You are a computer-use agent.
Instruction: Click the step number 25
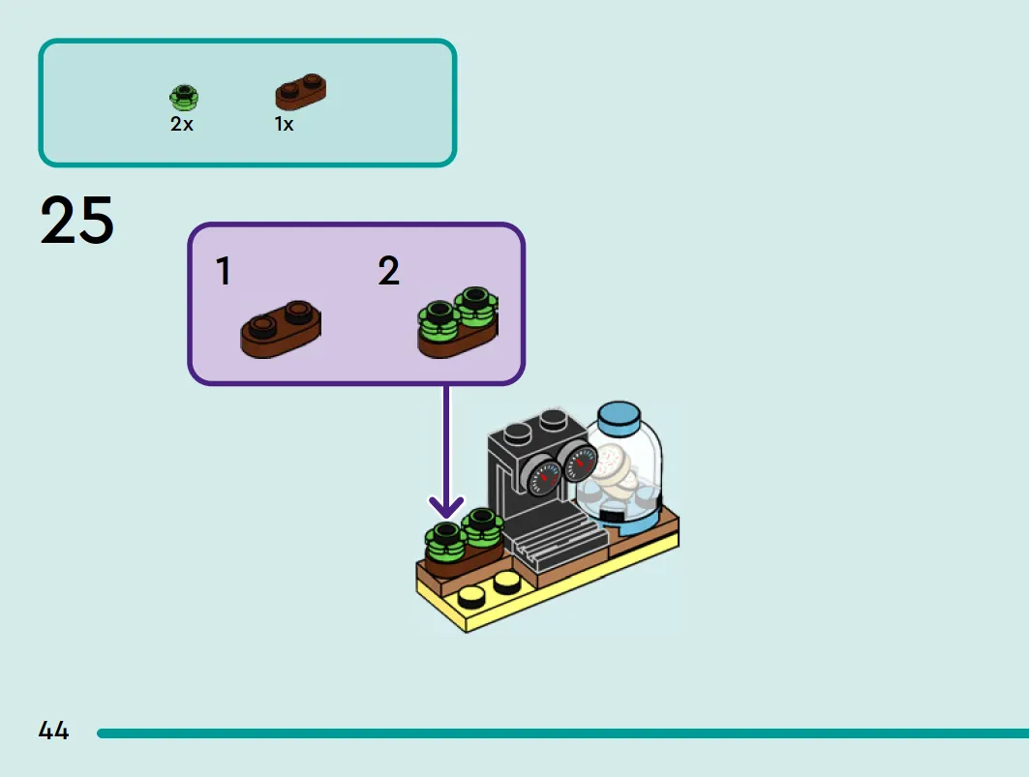pyautogui.click(x=76, y=220)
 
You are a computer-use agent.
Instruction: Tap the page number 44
pyautogui.click(x=53, y=731)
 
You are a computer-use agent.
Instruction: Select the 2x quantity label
pyautogui.click(x=182, y=124)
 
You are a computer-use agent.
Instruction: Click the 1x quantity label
pyautogui.click(x=284, y=124)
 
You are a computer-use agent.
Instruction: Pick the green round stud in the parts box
pyautogui.click(x=184, y=97)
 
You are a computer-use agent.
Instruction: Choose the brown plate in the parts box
pyautogui.click(x=300, y=92)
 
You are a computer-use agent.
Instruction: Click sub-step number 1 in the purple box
pyautogui.click(x=224, y=271)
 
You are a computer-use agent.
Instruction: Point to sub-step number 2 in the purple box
pyautogui.click(x=388, y=271)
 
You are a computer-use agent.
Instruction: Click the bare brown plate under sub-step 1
pyautogui.click(x=281, y=330)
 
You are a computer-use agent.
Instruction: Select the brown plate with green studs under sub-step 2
pyautogui.click(x=458, y=322)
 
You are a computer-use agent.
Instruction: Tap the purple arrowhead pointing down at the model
pyautogui.click(x=446, y=507)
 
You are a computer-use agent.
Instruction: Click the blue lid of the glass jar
pyautogui.click(x=620, y=417)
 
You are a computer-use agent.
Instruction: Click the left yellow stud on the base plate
pyautogui.click(x=470, y=596)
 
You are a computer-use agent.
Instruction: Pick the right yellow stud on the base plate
pyautogui.click(x=505, y=582)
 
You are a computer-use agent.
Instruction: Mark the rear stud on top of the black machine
pyautogui.click(x=553, y=418)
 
